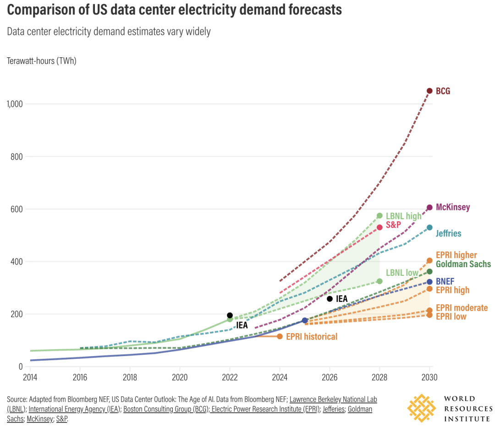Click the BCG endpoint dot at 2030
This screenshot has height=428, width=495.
point(429,91)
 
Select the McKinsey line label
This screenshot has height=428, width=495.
point(452,207)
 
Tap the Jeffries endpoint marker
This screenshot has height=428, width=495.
point(429,227)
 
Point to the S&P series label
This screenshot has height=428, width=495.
point(393,225)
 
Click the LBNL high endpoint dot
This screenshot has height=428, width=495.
point(379,215)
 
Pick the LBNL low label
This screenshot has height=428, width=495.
point(402,273)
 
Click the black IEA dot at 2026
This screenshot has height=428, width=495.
point(330,299)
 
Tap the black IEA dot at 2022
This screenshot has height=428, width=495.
point(230,315)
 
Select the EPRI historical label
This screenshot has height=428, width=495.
point(312,337)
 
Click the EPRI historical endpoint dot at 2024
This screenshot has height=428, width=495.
point(280,336)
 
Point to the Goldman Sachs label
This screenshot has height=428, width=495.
point(463,264)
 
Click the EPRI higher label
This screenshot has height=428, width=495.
point(456,255)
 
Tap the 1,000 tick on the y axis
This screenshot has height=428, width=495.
point(16,104)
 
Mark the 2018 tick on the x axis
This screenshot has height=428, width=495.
point(130,377)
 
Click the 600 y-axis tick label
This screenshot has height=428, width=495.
point(17,209)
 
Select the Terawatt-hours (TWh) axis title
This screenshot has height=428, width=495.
point(41,61)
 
